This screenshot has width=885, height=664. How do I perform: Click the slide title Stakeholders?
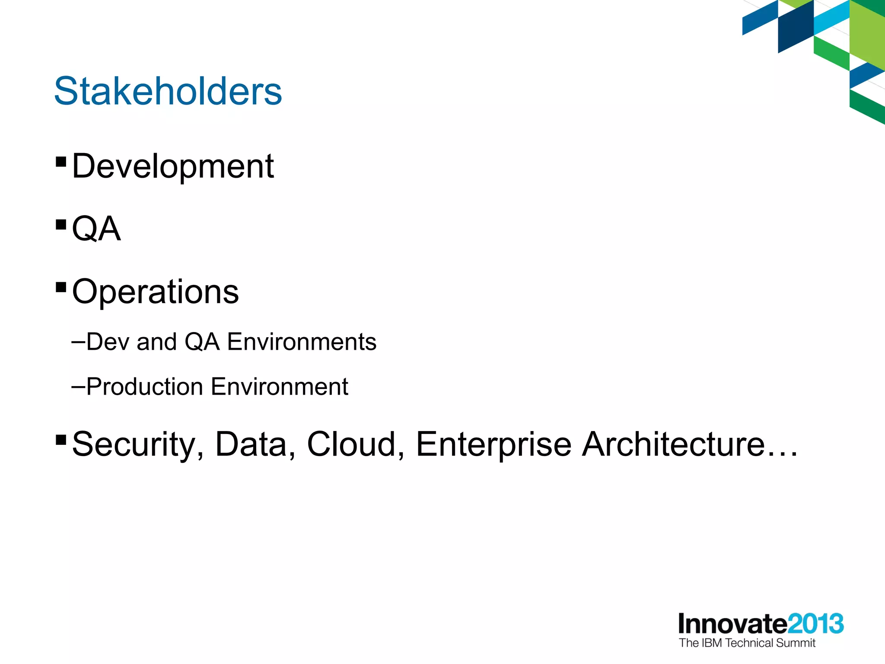[168, 91]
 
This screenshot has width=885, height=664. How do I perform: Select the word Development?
[173, 166]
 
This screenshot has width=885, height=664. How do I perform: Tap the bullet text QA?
[96, 229]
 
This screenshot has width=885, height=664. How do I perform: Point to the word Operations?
[155, 292]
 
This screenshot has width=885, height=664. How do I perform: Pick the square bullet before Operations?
[61, 287]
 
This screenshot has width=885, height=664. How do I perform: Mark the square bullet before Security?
[61, 440]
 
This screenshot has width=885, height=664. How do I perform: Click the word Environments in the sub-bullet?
[302, 342]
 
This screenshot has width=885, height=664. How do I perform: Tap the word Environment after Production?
[280, 386]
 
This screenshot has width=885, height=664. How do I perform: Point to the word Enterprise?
[493, 445]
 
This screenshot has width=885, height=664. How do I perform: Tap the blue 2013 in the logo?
[815, 624]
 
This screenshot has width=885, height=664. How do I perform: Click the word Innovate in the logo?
[733, 624]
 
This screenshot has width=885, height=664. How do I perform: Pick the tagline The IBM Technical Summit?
[747, 643]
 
